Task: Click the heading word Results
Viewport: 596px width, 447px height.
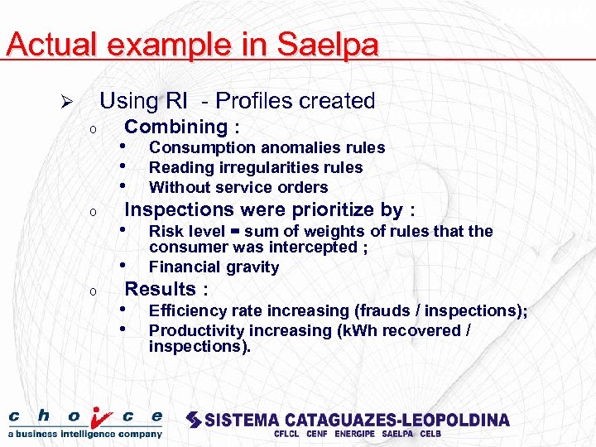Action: (x=161, y=289)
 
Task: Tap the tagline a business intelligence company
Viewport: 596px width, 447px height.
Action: (x=85, y=434)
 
